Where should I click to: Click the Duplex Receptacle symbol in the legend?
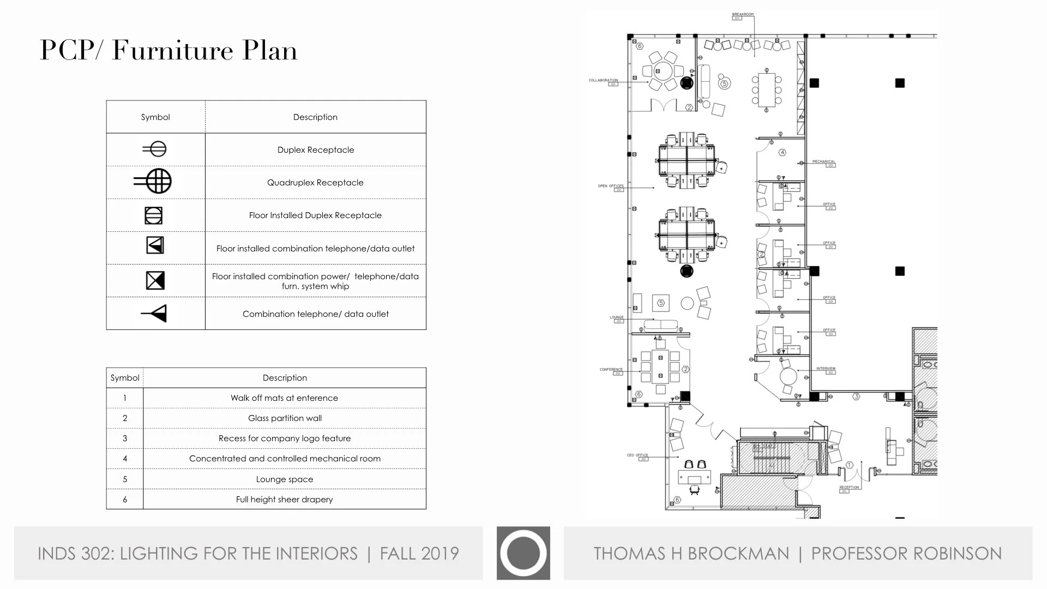pos(155,149)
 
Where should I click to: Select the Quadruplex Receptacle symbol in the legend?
pos(154,181)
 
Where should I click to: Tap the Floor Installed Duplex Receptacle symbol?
pos(154,215)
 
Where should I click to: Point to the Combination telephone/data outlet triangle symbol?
pos(155,314)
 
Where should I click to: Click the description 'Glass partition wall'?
pos(285,418)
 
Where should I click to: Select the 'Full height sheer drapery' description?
pos(284,500)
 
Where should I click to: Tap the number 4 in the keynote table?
pos(125,459)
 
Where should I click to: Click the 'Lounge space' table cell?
pos(285,479)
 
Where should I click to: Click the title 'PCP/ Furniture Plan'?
pos(169,51)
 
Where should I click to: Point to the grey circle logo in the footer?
pos(523,553)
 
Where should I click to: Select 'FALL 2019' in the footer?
pos(419,554)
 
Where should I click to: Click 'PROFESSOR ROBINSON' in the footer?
pos(906,554)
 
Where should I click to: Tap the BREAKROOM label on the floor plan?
pos(742,15)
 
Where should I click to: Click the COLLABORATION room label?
pos(603,80)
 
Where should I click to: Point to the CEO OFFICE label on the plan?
pos(637,455)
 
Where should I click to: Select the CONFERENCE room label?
pos(611,369)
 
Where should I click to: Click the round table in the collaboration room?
pos(663,71)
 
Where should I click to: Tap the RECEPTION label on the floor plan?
pos(849,487)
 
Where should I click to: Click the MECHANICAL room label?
pos(823,161)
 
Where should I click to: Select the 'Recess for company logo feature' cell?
pos(285,438)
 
